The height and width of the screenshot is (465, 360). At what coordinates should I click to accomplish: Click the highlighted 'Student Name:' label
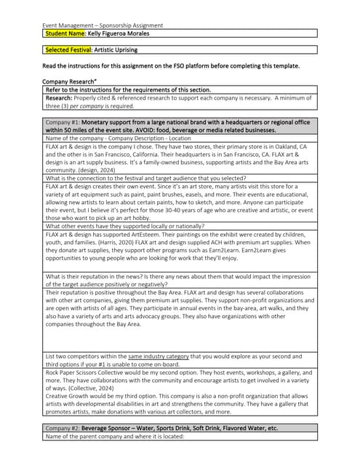[x=65, y=33]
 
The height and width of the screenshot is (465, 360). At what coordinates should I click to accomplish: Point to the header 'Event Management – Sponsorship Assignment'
[x=103, y=25]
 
